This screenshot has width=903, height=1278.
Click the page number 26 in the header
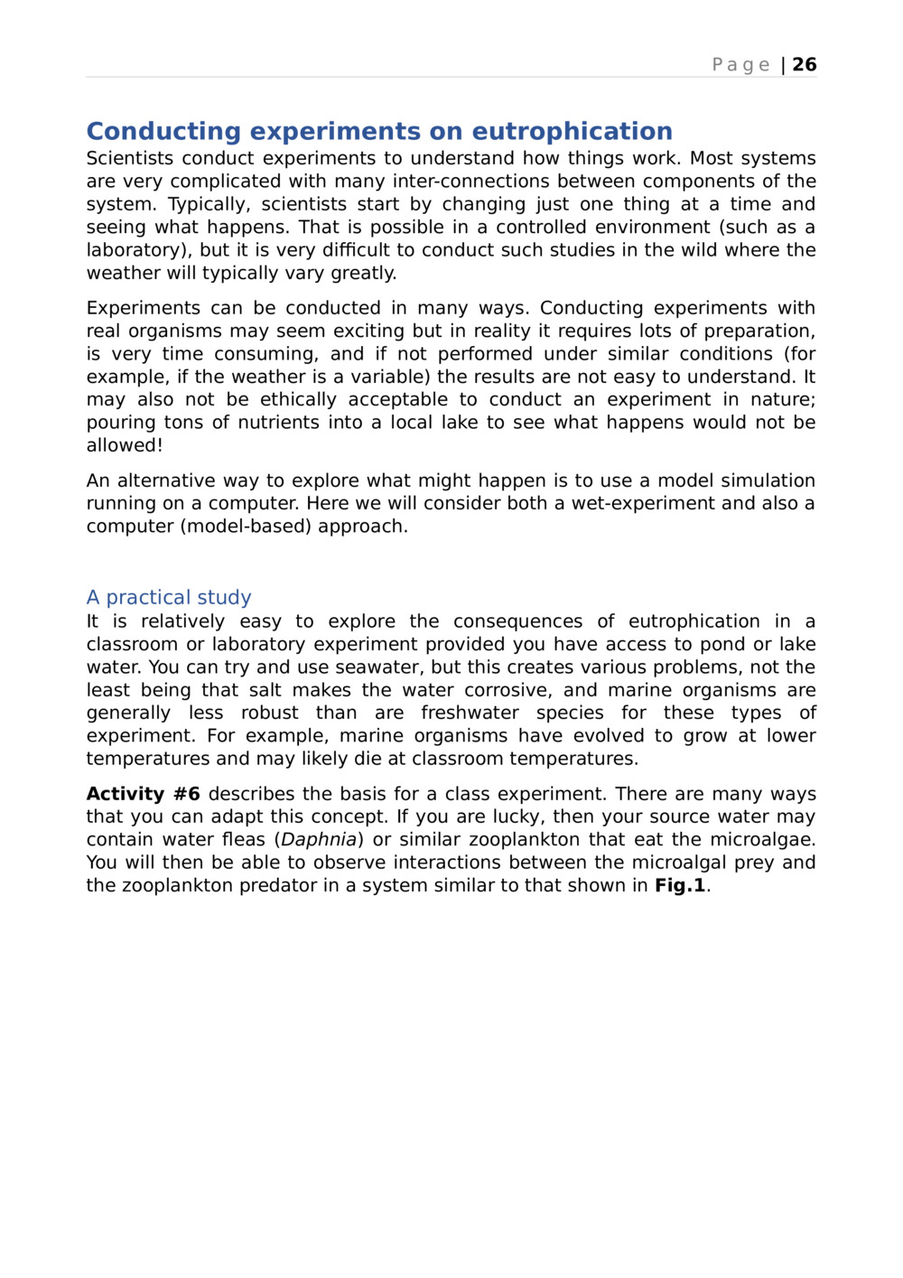tap(804, 65)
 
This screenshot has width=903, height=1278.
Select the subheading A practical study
tap(169, 598)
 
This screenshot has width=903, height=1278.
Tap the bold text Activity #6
tap(143, 795)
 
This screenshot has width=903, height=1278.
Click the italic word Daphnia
tap(318, 840)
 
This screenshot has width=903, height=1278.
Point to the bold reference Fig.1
tap(680, 886)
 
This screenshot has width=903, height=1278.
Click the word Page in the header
tap(740, 65)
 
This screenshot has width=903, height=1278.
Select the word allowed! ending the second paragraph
tap(125, 445)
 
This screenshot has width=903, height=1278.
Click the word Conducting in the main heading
tap(163, 132)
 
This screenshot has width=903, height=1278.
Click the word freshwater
tap(470, 714)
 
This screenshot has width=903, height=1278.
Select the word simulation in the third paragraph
tap(763, 481)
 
